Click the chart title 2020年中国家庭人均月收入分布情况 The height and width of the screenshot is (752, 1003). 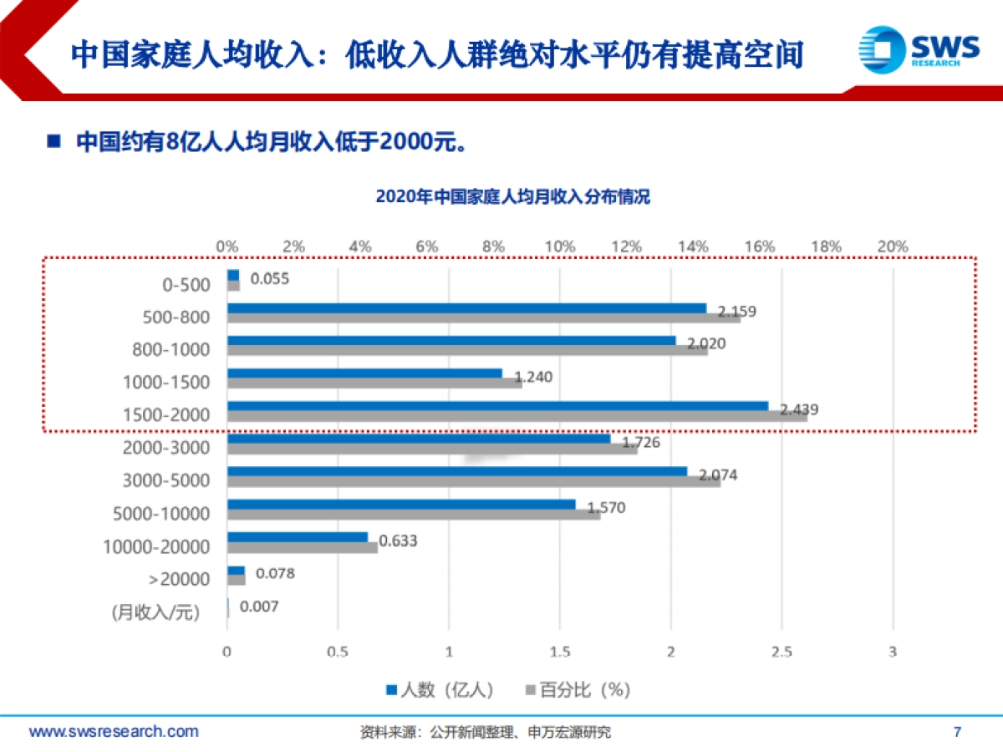pyautogui.click(x=512, y=197)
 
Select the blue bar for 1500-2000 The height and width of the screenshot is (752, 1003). pyautogui.click(x=497, y=406)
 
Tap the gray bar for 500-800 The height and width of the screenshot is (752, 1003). pyautogui.click(x=483, y=318)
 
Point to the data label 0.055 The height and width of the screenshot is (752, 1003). pyautogui.click(x=269, y=279)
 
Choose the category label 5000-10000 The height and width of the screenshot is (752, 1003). pyautogui.click(x=161, y=514)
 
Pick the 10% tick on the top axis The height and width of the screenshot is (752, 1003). pyautogui.click(x=560, y=246)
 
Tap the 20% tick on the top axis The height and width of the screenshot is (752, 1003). pyautogui.click(x=893, y=246)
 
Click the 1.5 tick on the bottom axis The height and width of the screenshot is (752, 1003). pyautogui.click(x=559, y=652)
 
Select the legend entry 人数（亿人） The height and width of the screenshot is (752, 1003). pyautogui.click(x=439, y=689)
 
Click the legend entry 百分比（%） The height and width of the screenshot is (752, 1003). pyautogui.click(x=577, y=689)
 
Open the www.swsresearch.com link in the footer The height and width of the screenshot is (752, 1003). pyautogui.click(x=115, y=732)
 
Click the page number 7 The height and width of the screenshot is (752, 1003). pyautogui.click(x=957, y=732)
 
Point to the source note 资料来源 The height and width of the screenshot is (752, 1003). pyautogui.click(x=485, y=733)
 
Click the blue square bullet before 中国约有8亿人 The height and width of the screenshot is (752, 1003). pyautogui.click(x=54, y=140)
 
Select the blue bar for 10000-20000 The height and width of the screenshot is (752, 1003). pyautogui.click(x=297, y=537)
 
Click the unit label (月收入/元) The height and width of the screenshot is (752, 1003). pyautogui.click(x=156, y=612)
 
